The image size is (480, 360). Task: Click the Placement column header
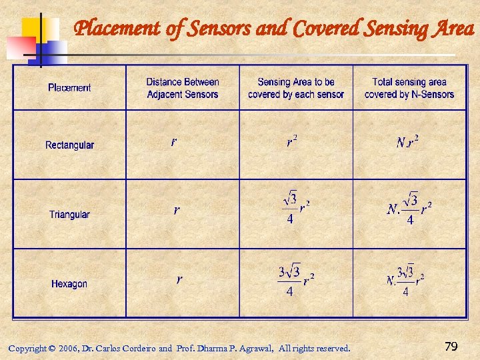click(69, 87)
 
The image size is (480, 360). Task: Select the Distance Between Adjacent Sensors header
click(183, 88)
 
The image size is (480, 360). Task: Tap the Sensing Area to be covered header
click(296, 88)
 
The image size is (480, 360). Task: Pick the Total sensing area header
click(409, 88)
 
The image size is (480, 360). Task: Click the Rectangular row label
click(69, 145)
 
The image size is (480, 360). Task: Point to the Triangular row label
click(69, 215)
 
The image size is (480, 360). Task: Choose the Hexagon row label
click(69, 284)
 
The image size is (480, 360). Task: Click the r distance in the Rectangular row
click(174, 142)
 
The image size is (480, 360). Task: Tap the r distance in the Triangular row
click(176, 210)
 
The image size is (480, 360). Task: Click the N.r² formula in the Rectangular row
click(407, 142)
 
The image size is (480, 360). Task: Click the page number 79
click(451, 347)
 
